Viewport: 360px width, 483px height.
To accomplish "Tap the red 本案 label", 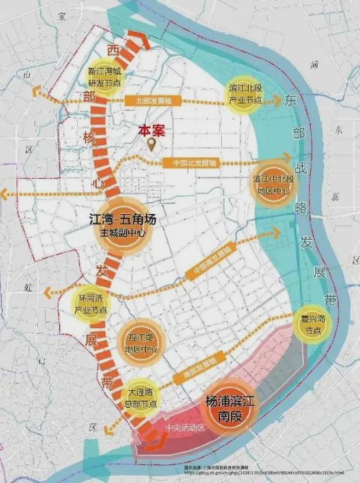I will click(x=152, y=131).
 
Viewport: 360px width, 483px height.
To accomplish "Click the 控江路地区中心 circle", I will click(x=136, y=342).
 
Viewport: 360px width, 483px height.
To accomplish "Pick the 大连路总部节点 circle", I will click(x=141, y=397).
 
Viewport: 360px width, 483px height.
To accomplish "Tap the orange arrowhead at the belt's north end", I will click(x=140, y=39).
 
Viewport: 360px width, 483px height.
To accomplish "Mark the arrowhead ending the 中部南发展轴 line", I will click(x=276, y=233).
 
